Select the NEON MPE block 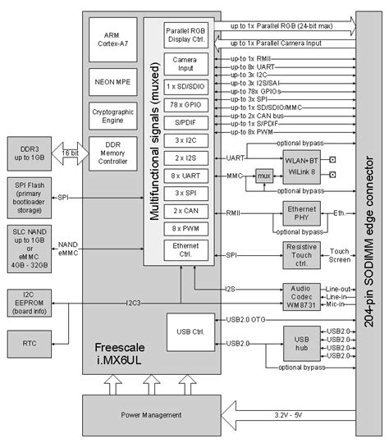(x=112, y=82)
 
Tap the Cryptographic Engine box (x=112, y=115)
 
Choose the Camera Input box (x=185, y=65)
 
